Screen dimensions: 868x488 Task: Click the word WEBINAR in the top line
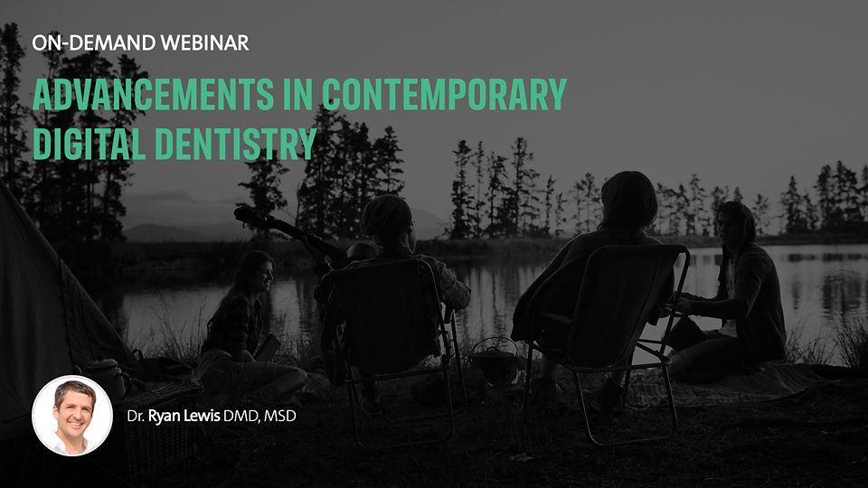(x=204, y=42)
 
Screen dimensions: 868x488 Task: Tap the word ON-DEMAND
(x=93, y=42)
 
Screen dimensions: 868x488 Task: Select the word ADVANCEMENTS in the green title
(x=154, y=93)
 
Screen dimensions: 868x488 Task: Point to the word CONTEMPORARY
(x=445, y=93)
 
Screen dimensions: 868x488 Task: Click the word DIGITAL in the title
(x=90, y=144)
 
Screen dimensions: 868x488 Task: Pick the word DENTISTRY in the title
(x=236, y=144)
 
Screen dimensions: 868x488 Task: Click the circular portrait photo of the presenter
(x=72, y=415)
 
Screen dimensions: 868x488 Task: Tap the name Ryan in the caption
(x=162, y=416)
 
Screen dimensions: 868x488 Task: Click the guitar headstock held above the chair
(x=248, y=215)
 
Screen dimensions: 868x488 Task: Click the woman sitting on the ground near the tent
(x=250, y=326)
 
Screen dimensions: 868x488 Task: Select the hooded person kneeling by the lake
(x=731, y=293)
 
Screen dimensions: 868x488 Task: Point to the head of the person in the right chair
(x=629, y=199)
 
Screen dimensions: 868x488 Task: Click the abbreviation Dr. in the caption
(x=136, y=416)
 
